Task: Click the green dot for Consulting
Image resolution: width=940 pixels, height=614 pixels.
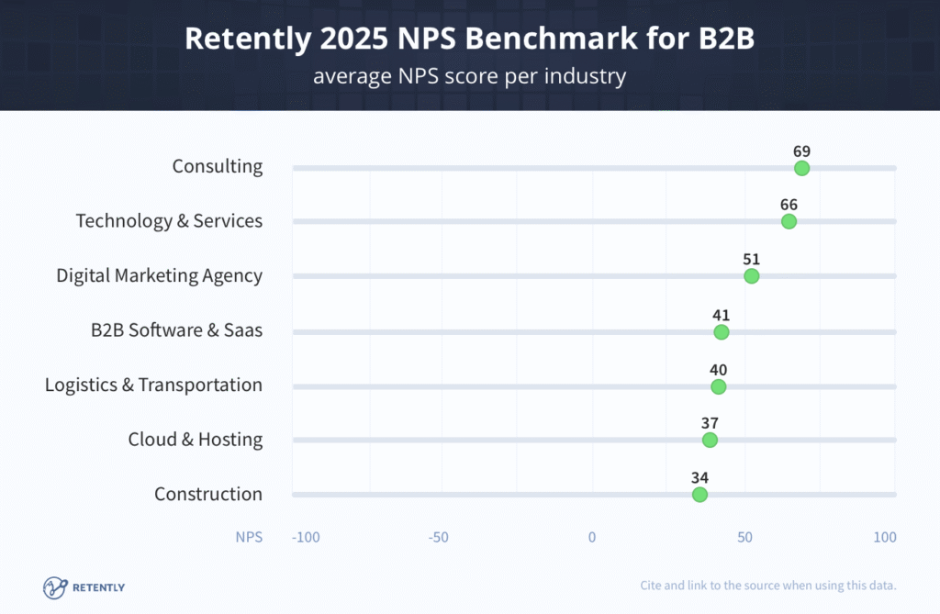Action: (801, 168)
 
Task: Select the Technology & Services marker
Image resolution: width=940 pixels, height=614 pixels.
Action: (789, 221)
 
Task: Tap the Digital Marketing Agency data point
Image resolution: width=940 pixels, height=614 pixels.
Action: (752, 276)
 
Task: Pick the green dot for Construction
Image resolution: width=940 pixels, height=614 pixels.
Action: (699, 495)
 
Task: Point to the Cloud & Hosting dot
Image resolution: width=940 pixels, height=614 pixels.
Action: (710, 440)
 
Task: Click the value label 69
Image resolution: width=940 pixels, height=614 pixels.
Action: (801, 151)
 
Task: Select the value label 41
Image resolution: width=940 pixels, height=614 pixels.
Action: (721, 316)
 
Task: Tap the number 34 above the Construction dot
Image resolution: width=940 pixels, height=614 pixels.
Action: (699, 477)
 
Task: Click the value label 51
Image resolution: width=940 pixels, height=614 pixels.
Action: (751, 259)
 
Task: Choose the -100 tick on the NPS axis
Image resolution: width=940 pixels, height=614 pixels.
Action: (305, 537)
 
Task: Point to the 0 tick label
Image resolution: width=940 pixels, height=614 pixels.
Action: (592, 537)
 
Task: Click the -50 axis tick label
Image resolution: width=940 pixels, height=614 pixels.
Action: (439, 537)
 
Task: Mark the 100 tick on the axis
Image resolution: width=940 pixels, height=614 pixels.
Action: (884, 537)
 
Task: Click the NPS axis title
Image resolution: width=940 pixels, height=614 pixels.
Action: (249, 537)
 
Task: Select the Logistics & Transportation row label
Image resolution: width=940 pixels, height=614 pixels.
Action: (153, 385)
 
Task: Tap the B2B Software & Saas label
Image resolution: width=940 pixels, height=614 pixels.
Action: (176, 329)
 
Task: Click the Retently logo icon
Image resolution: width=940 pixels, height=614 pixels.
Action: (55, 586)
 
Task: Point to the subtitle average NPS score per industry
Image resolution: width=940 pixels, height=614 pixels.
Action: (469, 75)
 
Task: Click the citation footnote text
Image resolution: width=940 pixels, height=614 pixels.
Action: (767, 586)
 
